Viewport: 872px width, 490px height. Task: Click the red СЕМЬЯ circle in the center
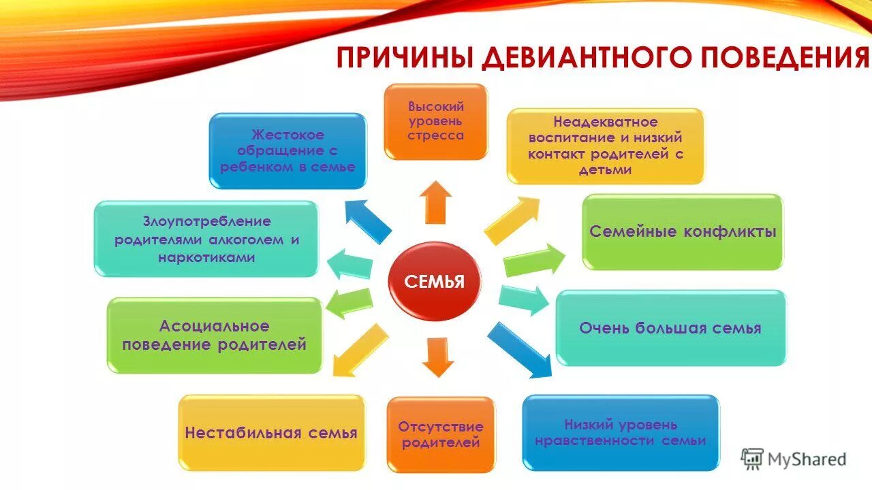click(x=435, y=282)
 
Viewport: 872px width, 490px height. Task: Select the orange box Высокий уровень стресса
click(x=436, y=121)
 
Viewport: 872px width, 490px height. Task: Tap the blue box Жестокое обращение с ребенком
click(x=287, y=150)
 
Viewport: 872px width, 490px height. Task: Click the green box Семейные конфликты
click(x=682, y=232)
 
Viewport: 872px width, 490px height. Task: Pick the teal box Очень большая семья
click(x=670, y=328)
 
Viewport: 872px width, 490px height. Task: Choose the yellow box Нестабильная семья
click(x=271, y=433)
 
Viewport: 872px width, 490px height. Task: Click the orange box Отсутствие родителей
click(x=441, y=434)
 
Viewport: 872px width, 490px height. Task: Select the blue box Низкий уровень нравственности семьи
click(x=620, y=433)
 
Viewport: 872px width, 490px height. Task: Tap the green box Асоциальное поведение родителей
click(x=214, y=336)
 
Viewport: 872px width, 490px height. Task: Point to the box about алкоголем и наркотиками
click(x=206, y=239)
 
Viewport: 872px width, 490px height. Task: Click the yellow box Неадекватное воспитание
click(x=605, y=146)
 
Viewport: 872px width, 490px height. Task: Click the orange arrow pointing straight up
click(x=435, y=202)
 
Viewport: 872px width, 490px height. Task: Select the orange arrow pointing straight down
click(x=437, y=357)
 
